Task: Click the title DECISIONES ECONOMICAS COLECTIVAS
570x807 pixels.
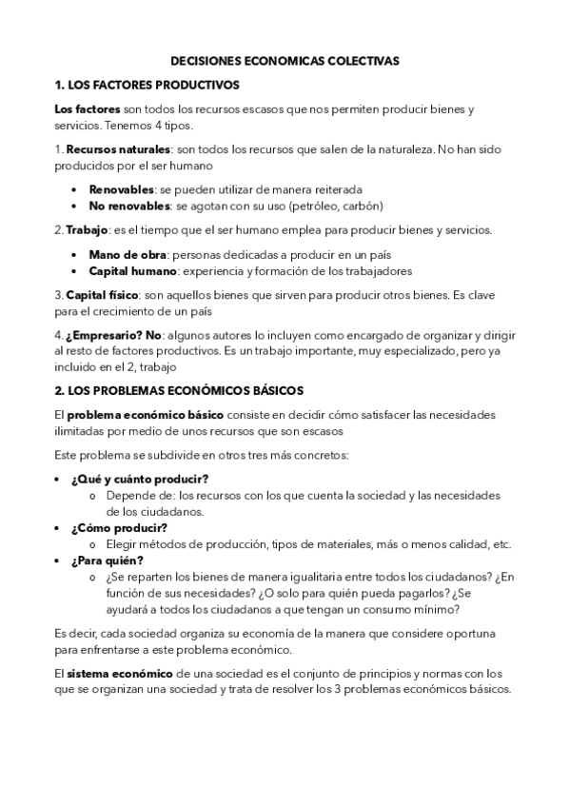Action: [285, 60]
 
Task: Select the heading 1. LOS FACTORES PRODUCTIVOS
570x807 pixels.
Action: [147, 85]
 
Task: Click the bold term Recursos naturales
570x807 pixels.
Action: [118, 149]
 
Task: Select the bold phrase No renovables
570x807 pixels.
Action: [128, 205]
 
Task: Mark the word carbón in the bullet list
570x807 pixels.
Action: [363, 205]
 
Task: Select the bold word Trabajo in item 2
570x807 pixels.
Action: [87, 229]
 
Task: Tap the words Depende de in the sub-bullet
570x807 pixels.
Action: [129, 495]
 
